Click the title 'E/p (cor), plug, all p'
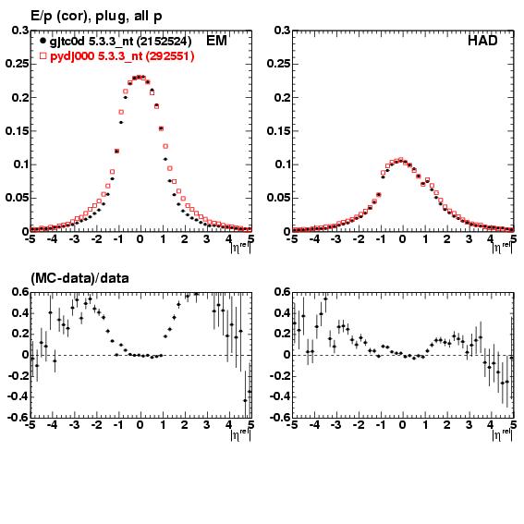96,16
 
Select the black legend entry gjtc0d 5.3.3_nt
120,41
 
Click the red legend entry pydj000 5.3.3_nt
122,55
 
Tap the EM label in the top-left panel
216,41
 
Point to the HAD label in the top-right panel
482,41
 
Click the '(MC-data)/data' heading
79,278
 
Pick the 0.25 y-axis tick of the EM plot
17,64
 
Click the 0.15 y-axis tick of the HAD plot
279,130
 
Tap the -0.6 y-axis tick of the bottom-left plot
17,417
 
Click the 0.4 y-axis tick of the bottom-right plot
283,312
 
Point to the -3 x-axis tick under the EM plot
75,238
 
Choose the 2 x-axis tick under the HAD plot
446,238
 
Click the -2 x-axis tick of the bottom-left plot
97,425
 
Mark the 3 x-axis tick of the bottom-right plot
469,425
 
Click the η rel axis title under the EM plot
240,248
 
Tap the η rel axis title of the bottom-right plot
502,434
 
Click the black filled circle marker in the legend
43,41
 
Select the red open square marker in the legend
43,55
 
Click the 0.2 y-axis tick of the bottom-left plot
20,334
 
